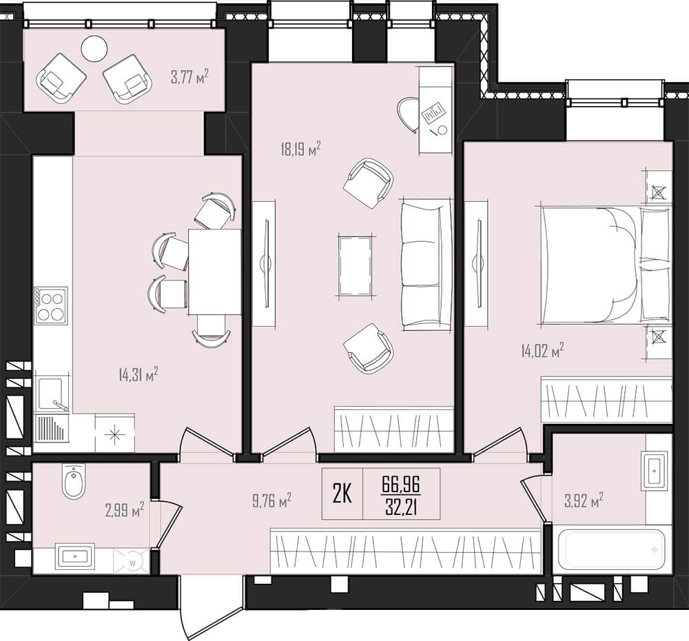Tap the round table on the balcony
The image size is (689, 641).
pos(94,48)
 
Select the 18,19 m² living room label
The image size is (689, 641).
pos(301,149)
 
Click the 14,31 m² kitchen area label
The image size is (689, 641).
pos(138,375)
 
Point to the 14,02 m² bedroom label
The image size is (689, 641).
pos(543,351)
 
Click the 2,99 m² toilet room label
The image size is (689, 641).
pos(125,511)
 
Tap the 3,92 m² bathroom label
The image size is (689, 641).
pos(584,500)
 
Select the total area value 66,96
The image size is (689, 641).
pos(401,485)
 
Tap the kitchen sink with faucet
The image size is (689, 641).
pos(52,394)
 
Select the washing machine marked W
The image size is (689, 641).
pos(132,561)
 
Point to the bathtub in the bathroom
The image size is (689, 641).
pos(615,549)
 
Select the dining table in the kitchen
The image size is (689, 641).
pos(215,272)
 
